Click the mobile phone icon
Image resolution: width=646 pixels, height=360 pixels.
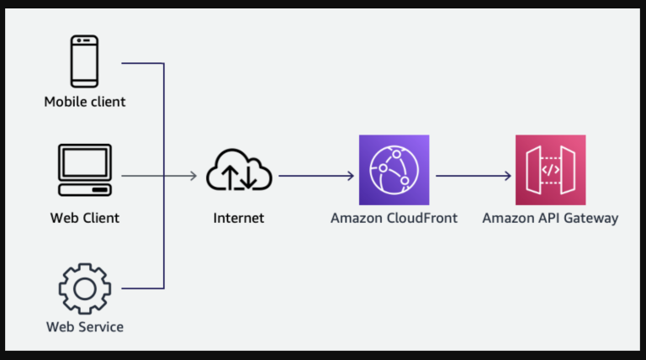[84, 61]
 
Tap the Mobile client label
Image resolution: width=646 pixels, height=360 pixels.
[85, 102]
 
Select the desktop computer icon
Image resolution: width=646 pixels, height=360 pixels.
[84, 168]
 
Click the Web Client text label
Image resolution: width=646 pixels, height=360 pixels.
[84, 218]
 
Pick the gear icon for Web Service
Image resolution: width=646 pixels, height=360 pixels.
[84, 289]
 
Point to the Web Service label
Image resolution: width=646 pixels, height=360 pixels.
[84, 326]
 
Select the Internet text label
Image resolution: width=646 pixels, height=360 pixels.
[238, 218]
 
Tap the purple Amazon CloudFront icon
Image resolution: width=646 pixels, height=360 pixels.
[393, 170]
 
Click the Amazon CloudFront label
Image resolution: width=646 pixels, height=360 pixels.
[394, 218]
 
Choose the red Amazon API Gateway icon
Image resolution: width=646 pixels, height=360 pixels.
[550, 170]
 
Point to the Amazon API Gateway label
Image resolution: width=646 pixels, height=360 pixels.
[550, 218]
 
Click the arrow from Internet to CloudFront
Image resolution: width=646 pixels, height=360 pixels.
[315, 176]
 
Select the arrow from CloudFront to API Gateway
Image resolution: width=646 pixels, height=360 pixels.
[473, 176]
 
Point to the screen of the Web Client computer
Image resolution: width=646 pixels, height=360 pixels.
[84, 161]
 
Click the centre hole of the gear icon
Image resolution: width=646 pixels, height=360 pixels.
[84, 289]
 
